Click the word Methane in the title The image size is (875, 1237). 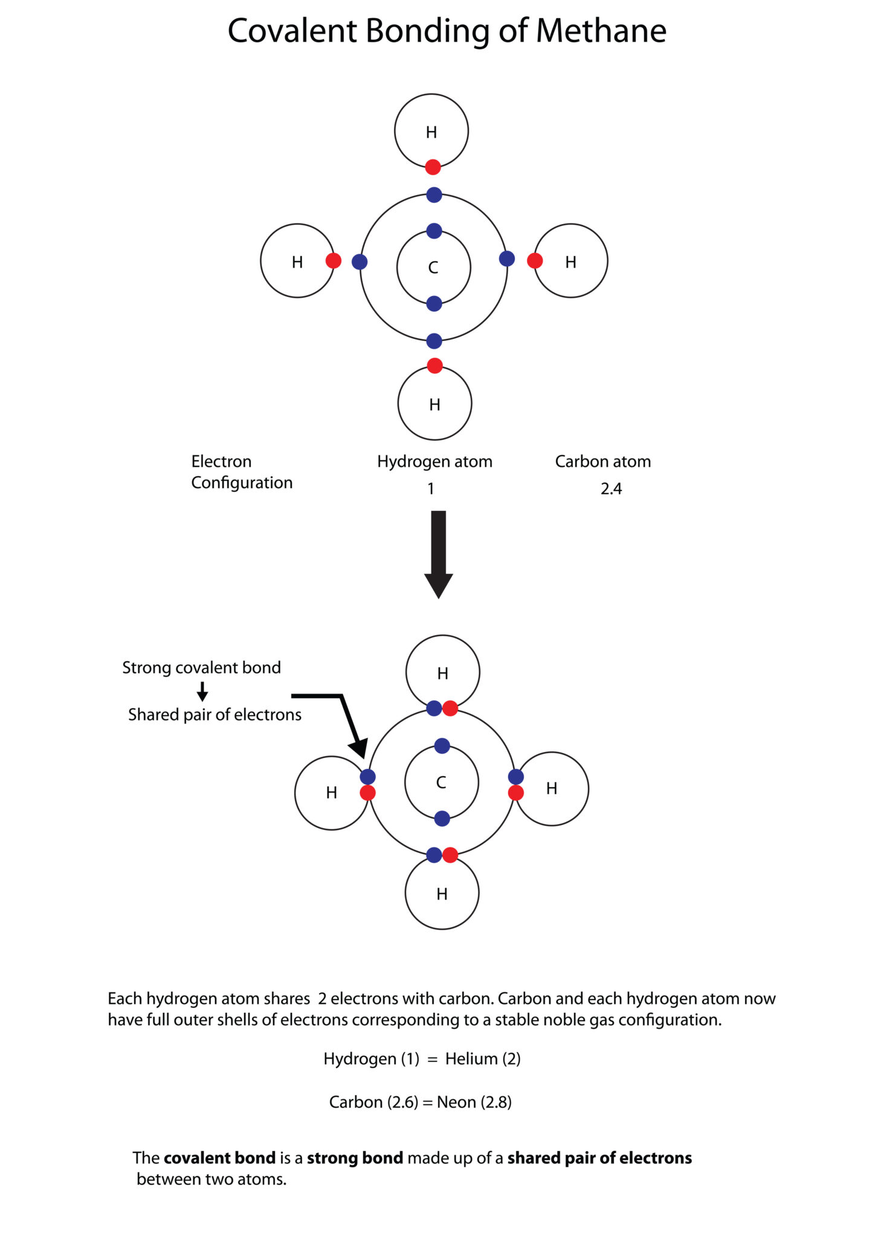coord(601,31)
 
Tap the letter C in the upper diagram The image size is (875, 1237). coord(433,268)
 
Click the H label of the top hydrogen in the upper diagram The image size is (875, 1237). coord(431,132)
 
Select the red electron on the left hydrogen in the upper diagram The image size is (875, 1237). coord(334,261)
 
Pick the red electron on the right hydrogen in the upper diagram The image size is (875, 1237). coord(535,261)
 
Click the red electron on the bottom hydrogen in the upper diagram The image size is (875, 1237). coord(434,365)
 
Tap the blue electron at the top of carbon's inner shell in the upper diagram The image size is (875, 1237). coord(434,231)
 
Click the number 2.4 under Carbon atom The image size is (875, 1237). coord(611,489)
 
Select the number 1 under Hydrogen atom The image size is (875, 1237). coord(431,489)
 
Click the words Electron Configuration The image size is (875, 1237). coord(241,472)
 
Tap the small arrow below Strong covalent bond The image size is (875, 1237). coord(202,691)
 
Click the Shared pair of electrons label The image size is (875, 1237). coord(215,715)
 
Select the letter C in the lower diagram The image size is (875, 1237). coord(441,782)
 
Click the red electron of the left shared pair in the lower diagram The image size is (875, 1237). coord(367,793)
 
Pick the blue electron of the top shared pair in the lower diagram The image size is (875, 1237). coord(434,708)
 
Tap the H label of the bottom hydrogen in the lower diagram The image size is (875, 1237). coord(442,894)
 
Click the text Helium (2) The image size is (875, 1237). coord(483,1059)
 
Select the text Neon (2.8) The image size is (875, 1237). coord(474,1102)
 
